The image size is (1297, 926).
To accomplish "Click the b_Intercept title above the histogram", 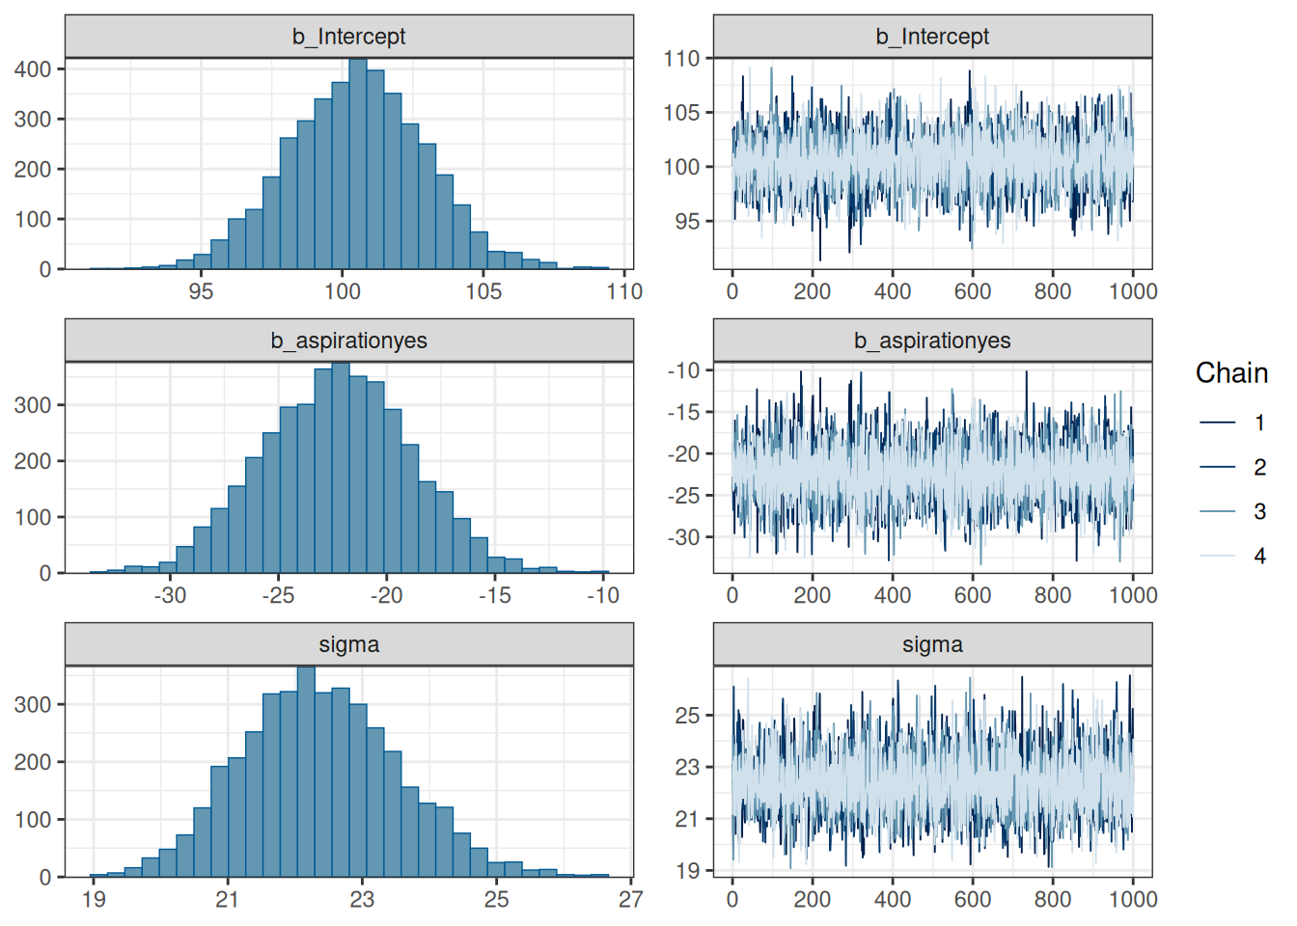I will pyautogui.click(x=348, y=37).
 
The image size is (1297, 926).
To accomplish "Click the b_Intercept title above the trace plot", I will pyautogui.click(x=932, y=37).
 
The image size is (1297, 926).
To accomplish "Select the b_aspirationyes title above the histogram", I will pyautogui.click(x=348, y=340).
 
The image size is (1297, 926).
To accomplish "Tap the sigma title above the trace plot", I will pyautogui.click(x=932, y=644).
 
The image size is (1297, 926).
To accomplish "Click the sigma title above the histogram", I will pyautogui.click(x=348, y=644).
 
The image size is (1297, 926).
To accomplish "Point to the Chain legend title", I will pyautogui.click(x=1231, y=373).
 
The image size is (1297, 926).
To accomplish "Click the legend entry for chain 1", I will pyautogui.click(x=1218, y=422).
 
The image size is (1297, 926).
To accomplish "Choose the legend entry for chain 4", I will pyautogui.click(x=1218, y=556).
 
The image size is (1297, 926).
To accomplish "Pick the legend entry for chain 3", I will pyautogui.click(x=1218, y=511).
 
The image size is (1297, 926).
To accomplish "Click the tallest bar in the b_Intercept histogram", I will pyautogui.click(x=358, y=164).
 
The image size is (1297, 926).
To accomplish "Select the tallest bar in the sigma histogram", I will pyautogui.click(x=306, y=772).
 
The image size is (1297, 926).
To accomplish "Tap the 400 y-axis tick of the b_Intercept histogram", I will pyautogui.click(x=33, y=69).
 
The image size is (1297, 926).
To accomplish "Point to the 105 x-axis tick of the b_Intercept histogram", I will pyautogui.click(x=483, y=291).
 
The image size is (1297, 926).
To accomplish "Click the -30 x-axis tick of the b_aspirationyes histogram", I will pyautogui.click(x=170, y=595).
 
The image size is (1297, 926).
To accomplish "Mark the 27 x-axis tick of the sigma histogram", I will pyautogui.click(x=630, y=899).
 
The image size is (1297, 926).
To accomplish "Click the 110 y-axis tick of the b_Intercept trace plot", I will pyautogui.click(x=681, y=59).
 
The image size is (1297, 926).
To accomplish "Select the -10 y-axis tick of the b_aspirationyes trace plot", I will pyautogui.click(x=684, y=370).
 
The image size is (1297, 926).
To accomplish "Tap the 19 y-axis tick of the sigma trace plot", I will pyautogui.click(x=687, y=871).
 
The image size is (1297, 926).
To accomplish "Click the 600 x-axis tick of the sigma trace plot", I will pyautogui.click(x=973, y=899).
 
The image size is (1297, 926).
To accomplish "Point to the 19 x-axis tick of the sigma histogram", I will pyautogui.click(x=94, y=899).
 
